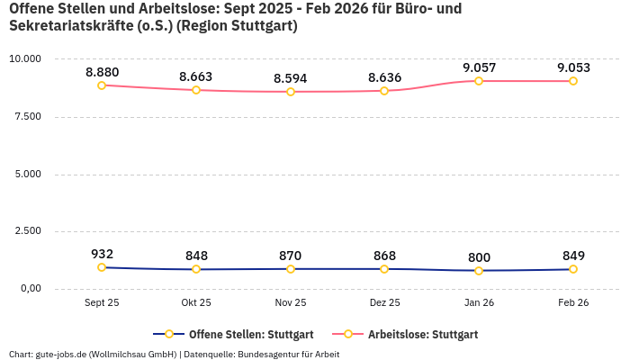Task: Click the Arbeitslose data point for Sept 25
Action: [x=102, y=85]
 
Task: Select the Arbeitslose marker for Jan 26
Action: [x=479, y=81]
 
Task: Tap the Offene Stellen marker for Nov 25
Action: [x=291, y=269]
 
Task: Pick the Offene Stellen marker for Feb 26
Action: [x=573, y=269]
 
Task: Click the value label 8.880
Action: [x=102, y=72]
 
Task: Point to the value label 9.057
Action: [x=479, y=67]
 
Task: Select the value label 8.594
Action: [x=291, y=78]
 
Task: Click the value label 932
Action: [x=102, y=254]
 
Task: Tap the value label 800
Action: [x=479, y=256]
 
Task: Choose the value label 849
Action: [x=573, y=256]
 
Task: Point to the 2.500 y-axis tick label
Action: [x=28, y=231]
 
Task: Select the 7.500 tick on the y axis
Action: [x=28, y=116]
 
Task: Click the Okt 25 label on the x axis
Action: [x=196, y=303]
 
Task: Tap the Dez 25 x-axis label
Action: [x=384, y=303]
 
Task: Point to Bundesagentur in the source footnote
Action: [x=271, y=355]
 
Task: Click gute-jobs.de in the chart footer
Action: [x=61, y=355]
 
